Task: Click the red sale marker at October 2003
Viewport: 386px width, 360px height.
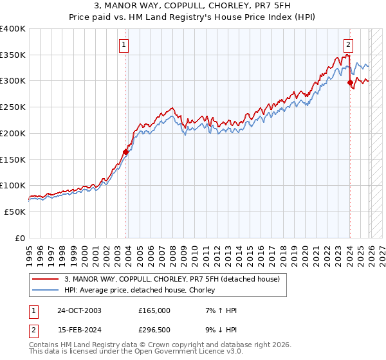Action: point(126,152)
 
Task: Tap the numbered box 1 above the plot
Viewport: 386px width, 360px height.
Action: point(123,45)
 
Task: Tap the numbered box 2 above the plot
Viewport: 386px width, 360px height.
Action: point(348,45)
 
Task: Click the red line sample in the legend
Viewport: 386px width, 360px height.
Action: point(46,280)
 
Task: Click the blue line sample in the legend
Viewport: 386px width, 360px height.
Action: point(46,291)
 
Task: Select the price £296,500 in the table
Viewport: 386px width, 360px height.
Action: point(154,330)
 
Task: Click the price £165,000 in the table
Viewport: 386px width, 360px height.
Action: point(154,310)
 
